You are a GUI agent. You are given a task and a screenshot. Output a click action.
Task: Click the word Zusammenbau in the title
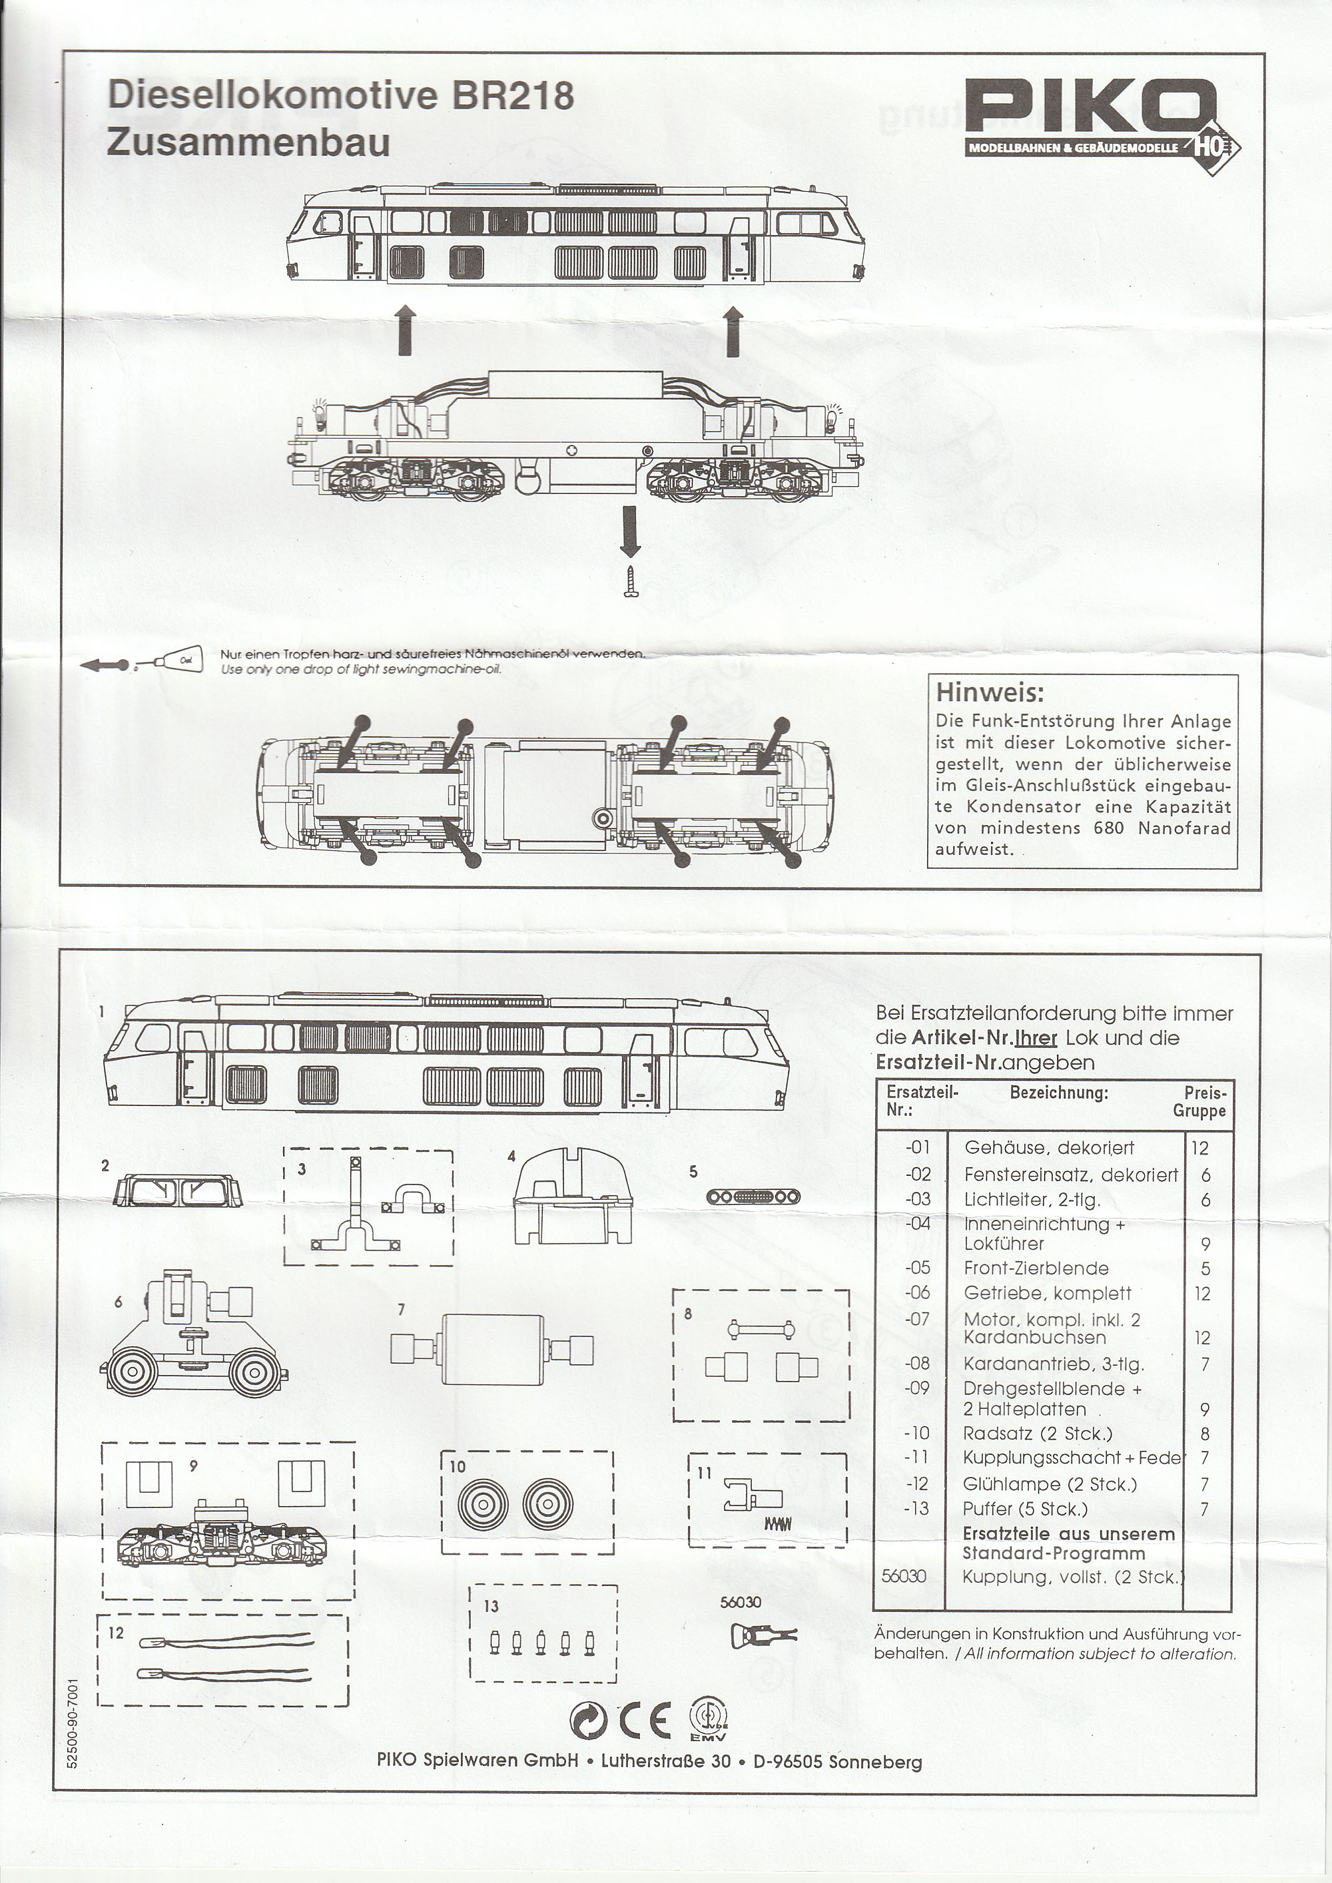click(248, 142)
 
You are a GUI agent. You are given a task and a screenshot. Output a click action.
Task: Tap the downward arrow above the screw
click(630, 531)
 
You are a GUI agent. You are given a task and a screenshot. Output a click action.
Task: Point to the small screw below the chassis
click(631, 581)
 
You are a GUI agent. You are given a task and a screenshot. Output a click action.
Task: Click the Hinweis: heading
click(989, 692)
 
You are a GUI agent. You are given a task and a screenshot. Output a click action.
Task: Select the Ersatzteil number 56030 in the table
click(903, 1576)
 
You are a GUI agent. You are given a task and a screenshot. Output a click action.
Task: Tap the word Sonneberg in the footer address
click(875, 1762)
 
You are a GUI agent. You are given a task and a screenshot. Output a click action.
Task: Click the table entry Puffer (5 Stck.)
click(1024, 1509)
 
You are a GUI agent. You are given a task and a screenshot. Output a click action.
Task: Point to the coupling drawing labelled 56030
click(759, 1636)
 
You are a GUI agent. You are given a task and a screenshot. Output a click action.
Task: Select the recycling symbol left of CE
click(588, 1721)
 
